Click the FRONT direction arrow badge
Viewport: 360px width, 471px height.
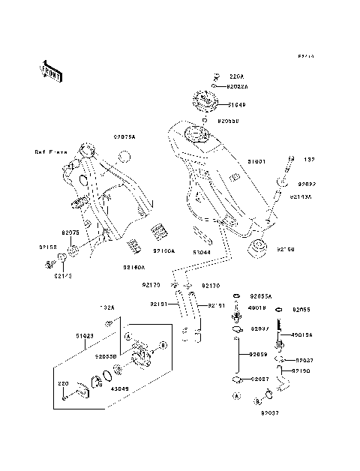pos(50,70)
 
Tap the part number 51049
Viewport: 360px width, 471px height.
pos(238,106)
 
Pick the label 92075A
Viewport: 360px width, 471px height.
pos(124,137)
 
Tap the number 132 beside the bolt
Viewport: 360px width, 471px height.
pos(309,160)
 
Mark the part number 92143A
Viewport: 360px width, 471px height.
pos(301,197)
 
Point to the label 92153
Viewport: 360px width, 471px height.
pos(48,245)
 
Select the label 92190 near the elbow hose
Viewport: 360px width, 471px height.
pos(301,370)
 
